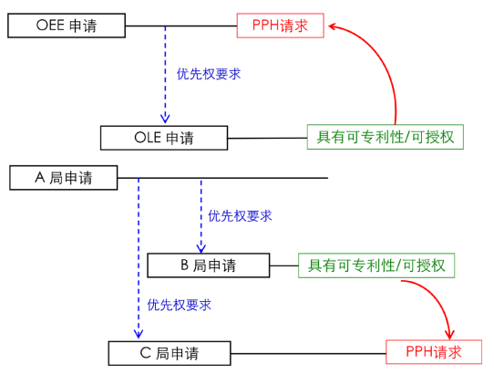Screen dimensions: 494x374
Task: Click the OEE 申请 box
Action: click(x=67, y=26)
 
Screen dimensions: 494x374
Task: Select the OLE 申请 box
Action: click(x=164, y=138)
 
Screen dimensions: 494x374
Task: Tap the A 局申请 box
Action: click(x=63, y=178)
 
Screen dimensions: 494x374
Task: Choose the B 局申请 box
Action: click(x=208, y=265)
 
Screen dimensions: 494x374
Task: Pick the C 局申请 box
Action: click(x=170, y=353)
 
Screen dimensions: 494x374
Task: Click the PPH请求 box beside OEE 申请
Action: click(x=281, y=26)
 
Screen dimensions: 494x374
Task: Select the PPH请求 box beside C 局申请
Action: click(x=434, y=352)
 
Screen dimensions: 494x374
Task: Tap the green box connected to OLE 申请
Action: click(x=386, y=137)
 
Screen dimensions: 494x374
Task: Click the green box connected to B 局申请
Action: click(x=376, y=265)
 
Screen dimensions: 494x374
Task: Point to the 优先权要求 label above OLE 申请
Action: click(x=209, y=74)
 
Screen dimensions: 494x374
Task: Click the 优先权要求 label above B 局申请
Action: click(x=240, y=216)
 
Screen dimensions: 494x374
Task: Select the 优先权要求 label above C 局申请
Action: click(x=179, y=305)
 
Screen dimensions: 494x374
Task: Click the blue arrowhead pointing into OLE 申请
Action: click(x=165, y=119)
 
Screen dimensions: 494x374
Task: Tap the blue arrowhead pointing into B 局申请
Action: click(x=201, y=248)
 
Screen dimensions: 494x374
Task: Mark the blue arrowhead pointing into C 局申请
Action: click(x=139, y=334)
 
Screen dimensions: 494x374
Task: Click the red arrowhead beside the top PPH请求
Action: click(x=333, y=26)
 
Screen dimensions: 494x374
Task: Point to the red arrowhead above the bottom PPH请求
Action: click(x=449, y=334)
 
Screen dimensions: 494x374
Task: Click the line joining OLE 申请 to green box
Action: click(x=267, y=138)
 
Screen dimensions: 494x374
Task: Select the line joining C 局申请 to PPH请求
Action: click(x=308, y=353)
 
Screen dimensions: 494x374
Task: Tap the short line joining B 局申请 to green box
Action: click(x=284, y=265)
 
